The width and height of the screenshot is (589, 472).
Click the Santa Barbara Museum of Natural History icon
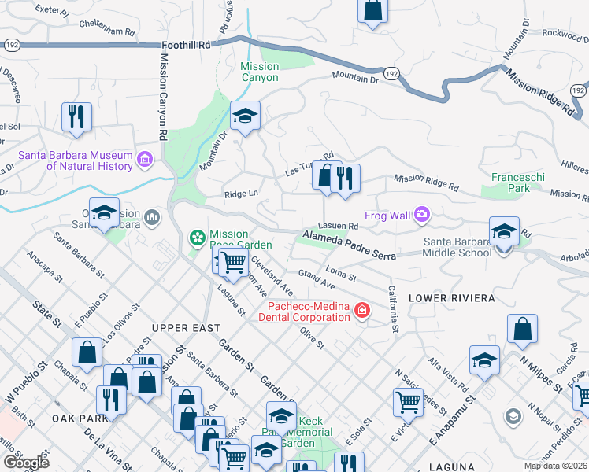pos(144,160)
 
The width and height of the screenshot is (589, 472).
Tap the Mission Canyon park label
pos(259,72)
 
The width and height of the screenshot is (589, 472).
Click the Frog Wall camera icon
pos(422,213)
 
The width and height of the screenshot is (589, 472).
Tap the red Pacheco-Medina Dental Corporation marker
pos(362,311)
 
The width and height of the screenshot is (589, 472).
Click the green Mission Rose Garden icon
pos(197,236)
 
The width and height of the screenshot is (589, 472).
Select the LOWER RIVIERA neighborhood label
pos(451,298)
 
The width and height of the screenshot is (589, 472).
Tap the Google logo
pos(25,462)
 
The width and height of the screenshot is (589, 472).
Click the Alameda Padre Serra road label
pos(354,244)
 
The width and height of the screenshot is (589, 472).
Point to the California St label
pos(393,308)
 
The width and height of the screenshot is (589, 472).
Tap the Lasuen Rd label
pos(343,226)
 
